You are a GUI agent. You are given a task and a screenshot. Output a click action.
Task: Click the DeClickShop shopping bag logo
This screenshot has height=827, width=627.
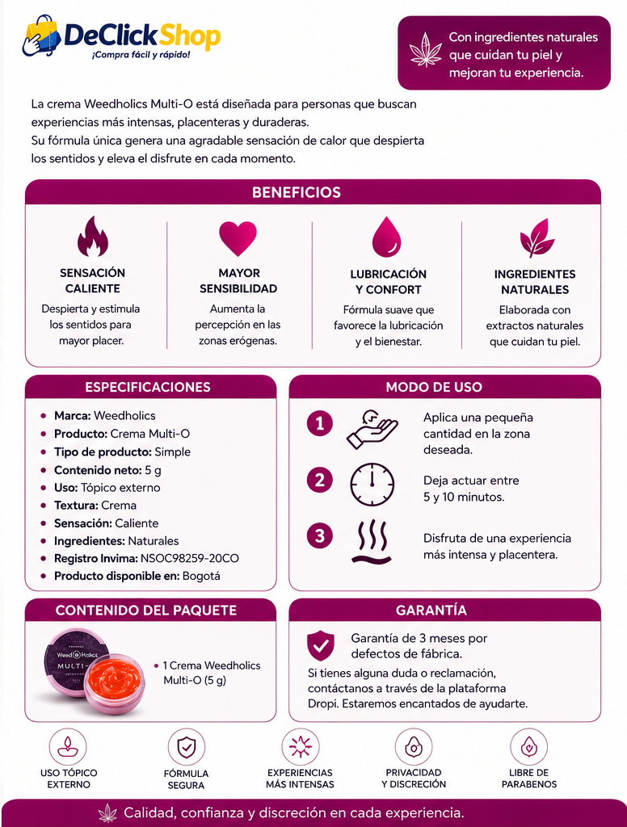pyautogui.click(x=41, y=35)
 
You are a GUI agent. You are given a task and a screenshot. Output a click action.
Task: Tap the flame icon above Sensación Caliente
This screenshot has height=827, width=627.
pyautogui.click(x=92, y=236)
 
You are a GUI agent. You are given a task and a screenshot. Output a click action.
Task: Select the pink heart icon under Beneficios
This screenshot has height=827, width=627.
pyautogui.click(x=238, y=238)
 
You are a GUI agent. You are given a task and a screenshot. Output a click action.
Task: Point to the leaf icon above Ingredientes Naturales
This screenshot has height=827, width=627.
pyautogui.click(x=537, y=238)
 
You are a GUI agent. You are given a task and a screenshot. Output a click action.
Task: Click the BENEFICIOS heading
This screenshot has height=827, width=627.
pyautogui.click(x=297, y=192)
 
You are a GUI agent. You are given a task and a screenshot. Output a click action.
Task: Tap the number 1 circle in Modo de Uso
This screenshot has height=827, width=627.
pyautogui.click(x=320, y=423)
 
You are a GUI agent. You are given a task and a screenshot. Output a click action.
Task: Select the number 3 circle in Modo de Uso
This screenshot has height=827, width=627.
pyautogui.click(x=320, y=536)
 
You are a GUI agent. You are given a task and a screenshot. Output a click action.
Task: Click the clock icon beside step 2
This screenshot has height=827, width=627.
pyautogui.click(x=372, y=485)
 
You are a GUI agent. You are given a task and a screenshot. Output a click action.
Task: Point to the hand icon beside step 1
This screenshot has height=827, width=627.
pyautogui.click(x=372, y=429)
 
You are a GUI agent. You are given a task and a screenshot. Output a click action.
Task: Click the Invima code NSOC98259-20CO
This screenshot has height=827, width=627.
pyautogui.click(x=189, y=558)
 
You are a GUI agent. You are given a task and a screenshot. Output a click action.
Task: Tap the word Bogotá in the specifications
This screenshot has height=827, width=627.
pyautogui.click(x=201, y=576)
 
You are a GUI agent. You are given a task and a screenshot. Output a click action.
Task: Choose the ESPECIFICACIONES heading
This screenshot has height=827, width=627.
pyautogui.click(x=148, y=387)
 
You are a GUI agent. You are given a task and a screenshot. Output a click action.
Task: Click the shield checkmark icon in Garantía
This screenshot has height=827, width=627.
pyautogui.click(x=320, y=645)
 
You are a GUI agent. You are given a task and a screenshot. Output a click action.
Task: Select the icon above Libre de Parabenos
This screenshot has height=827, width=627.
pyautogui.click(x=529, y=747)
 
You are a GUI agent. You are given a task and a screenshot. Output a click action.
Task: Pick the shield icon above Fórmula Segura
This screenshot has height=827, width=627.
pyautogui.click(x=187, y=747)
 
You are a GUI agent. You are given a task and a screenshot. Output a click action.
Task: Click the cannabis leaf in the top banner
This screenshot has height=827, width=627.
pyautogui.click(x=426, y=49)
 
